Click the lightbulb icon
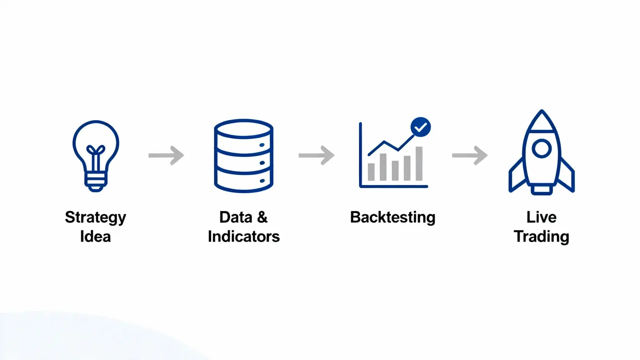(x=96, y=154)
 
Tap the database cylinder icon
(x=244, y=156)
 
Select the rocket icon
(x=541, y=154)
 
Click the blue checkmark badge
(x=421, y=127)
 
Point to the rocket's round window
(x=542, y=148)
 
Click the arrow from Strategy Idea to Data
(x=166, y=155)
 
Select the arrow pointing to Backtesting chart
(x=317, y=155)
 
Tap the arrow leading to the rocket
(x=470, y=155)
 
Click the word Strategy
(x=95, y=218)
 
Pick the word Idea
(x=95, y=237)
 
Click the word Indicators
(x=244, y=237)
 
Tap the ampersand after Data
(x=262, y=217)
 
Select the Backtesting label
(x=393, y=217)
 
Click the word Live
(x=541, y=217)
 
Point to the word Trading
(x=541, y=237)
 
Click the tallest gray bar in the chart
(x=419, y=163)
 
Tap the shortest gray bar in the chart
(x=371, y=172)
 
